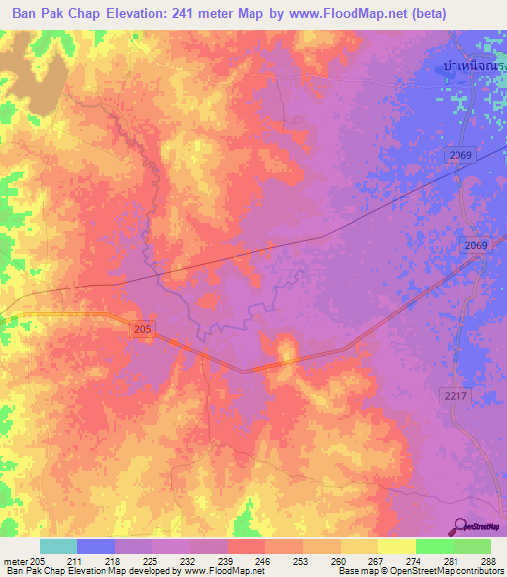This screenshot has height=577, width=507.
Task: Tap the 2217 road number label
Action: (454, 395)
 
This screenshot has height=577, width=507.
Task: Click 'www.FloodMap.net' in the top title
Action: (332, 14)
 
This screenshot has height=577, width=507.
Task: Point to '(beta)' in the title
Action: (423, 14)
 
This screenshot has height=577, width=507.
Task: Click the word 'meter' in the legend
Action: (15, 562)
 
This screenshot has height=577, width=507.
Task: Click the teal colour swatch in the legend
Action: (58, 546)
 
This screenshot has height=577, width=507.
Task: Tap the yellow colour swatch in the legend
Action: (397, 546)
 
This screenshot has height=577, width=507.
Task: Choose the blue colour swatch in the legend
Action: (96, 546)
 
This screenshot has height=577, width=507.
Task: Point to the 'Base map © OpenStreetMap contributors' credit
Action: (419, 572)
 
